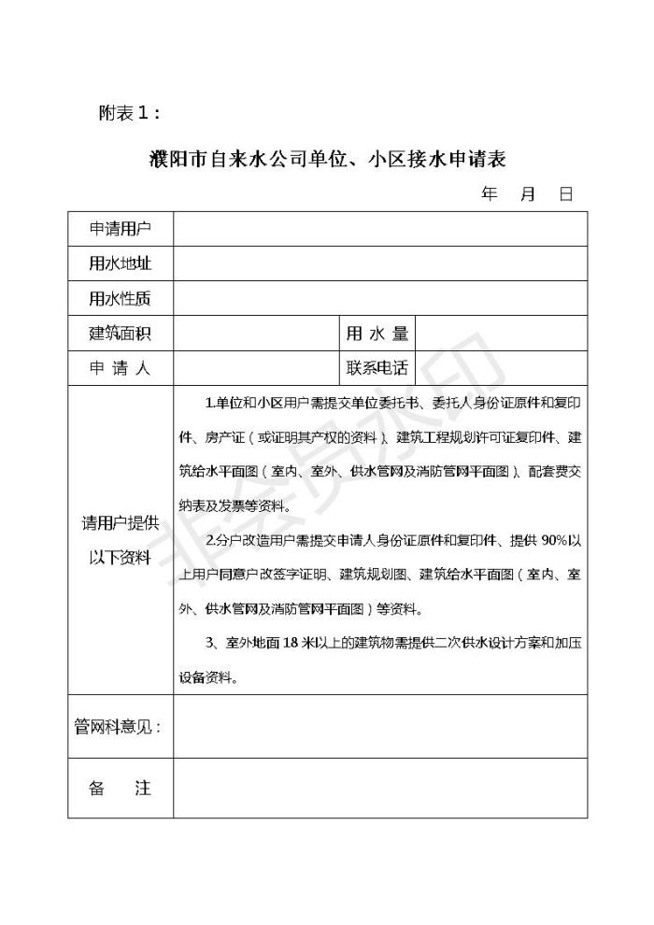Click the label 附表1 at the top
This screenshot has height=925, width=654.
click(x=130, y=113)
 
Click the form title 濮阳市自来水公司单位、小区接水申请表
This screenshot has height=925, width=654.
click(x=327, y=159)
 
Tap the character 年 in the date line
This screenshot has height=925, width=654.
click(x=489, y=194)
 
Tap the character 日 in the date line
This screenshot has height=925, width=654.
click(x=565, y=194)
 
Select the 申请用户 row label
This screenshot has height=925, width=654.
click(x=120, y=229)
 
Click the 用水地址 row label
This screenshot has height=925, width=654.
click(x=120, y=263)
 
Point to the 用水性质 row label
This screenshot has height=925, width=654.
click(x=120, y=299)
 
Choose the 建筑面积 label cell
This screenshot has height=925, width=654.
click(x=120, y=334)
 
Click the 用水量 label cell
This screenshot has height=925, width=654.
click(x=377, y=334)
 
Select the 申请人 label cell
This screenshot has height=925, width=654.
click(x=120, y=368)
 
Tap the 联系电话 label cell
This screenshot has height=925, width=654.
click(x=377, y=368)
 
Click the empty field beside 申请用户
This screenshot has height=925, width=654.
click(x=379, y=229)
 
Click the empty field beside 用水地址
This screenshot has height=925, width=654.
click(x=379, y=263)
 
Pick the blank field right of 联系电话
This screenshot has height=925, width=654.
click(x=501, y=368)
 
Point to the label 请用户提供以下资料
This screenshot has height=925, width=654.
click(x=120, y=540)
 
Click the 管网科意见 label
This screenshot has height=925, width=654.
click(x=119, y=726)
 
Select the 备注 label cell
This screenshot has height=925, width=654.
click(x=120, y=788)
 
